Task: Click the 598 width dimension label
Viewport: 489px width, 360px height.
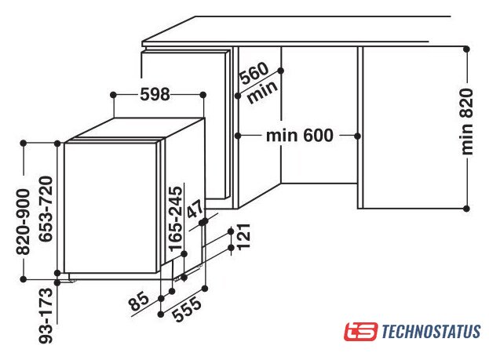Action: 155,94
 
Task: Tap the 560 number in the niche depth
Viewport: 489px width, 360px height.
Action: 254,74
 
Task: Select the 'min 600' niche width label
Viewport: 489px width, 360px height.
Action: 300,135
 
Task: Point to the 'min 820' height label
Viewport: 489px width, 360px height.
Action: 467,122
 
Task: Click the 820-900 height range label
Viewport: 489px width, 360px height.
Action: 23,222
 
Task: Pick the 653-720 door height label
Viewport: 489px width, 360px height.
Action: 46,209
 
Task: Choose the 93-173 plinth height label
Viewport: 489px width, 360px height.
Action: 46,315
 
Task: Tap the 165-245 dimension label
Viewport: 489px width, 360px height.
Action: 175,219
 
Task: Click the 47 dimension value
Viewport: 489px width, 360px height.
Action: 195,209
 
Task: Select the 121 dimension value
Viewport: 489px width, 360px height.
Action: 244,236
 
